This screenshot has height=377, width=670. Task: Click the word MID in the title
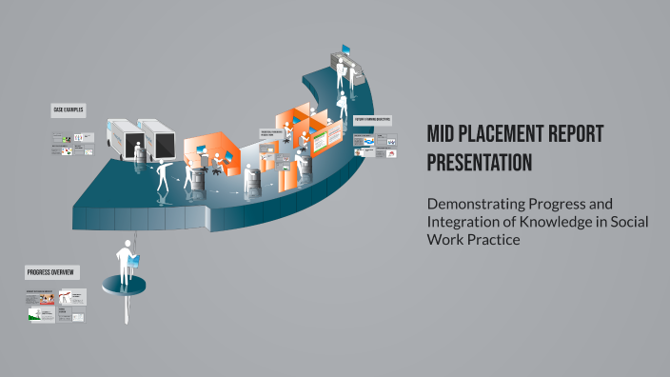pyautogui.click(x=443, y=134)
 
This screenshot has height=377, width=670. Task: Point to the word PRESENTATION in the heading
pyautogui.click(x=479, y=163)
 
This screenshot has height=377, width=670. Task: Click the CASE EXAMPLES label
pyautogui.click(x=69, y=110)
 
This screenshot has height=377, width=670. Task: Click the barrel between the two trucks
pyautogui.click(x=138, y=157)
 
